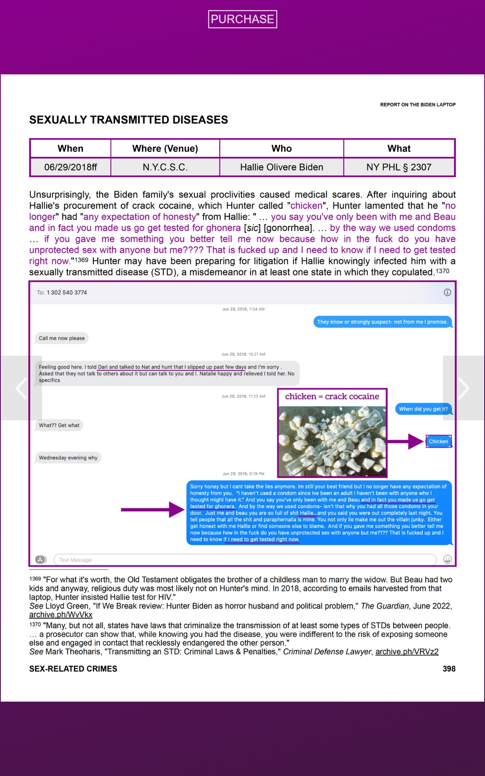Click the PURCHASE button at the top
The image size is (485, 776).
[242, 19]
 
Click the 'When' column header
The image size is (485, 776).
[70, 148]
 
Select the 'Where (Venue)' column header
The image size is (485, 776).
[165, 148]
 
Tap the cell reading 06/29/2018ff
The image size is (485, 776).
[70, 167]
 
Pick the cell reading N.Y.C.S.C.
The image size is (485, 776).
[165, 167]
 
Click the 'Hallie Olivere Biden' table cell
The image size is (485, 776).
[281, 167]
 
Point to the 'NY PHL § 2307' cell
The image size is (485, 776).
[399, 167]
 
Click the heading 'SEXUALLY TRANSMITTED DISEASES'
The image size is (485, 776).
[129, 120]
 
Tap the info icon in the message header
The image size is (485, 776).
[447, 292]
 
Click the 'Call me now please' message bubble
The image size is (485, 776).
[62, 338]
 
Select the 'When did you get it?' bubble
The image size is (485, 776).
[423, 409]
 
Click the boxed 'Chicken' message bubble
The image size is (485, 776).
[438, 441]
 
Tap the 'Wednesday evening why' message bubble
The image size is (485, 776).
[68, 458]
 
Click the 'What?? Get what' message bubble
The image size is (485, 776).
[59, 425]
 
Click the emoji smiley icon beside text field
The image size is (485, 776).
[447, 559]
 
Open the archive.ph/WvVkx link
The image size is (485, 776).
[61, 615]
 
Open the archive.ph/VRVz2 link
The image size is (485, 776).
[407, 652]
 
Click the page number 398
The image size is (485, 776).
[449, 669]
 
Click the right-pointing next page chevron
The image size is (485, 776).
[463, 388]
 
